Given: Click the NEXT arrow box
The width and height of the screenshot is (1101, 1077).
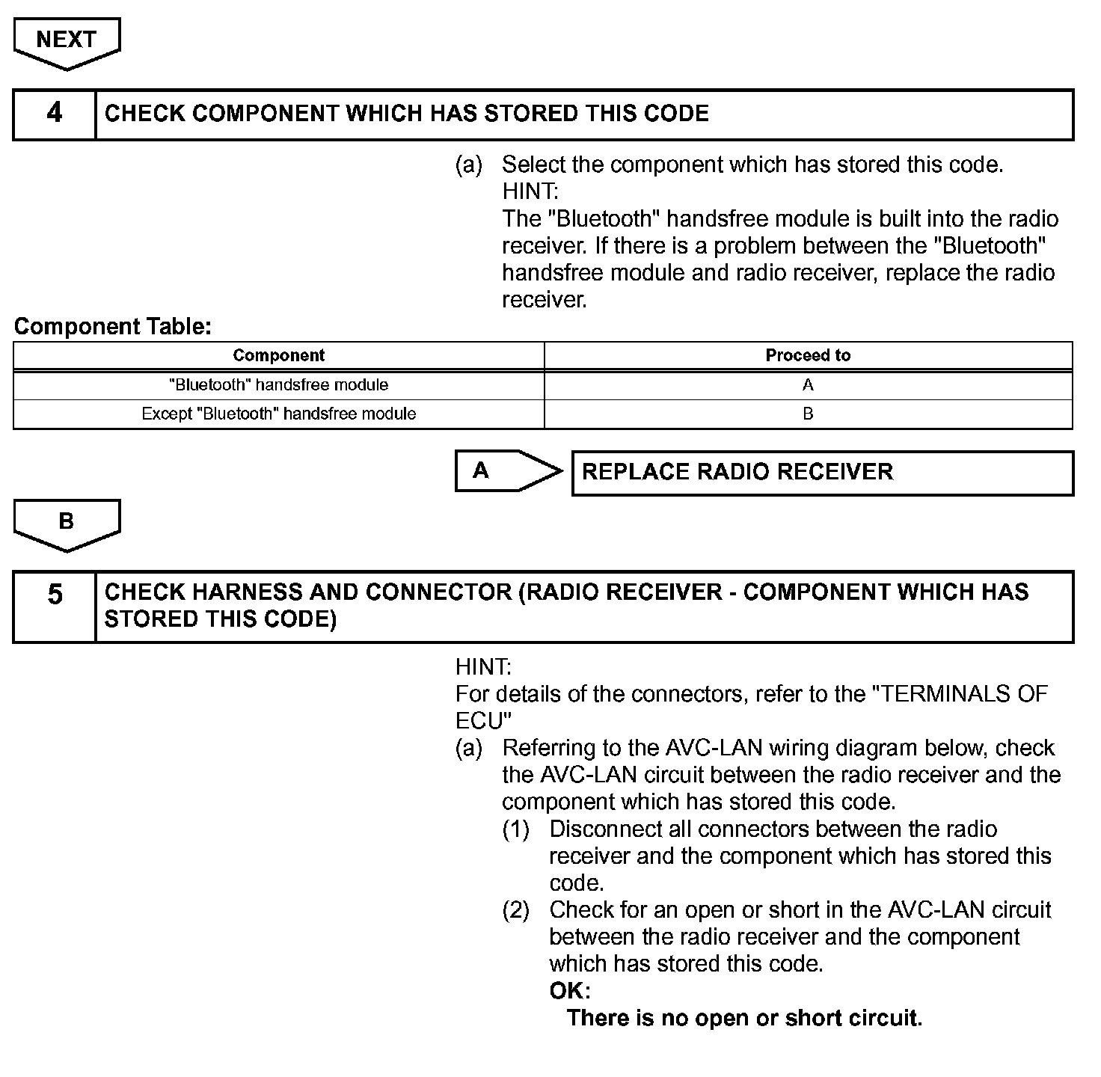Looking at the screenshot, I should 67,41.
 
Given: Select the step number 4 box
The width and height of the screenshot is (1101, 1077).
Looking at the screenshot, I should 55,114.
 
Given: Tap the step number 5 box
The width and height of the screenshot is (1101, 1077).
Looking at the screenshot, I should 55,606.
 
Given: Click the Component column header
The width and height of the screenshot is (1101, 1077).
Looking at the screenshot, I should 278,355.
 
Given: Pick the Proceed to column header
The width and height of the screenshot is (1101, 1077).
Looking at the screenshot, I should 808,355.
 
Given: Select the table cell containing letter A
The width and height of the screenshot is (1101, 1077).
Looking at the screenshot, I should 808,385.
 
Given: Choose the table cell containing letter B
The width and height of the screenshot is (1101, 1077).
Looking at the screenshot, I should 808,414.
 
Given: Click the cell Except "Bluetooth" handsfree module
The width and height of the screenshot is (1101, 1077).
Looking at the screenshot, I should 278,414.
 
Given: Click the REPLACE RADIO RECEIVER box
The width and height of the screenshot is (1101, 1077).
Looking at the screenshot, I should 822,473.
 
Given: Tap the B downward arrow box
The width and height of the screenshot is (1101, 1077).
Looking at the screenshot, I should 67,523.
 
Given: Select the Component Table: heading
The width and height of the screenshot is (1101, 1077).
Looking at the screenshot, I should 113,326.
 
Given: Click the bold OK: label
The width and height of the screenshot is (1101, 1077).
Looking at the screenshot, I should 570,991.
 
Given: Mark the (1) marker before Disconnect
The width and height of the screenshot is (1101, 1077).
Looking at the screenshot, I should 516,829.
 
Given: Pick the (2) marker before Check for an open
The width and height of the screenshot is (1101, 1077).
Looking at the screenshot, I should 516,910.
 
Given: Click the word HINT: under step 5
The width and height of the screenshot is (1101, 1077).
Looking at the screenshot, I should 483,667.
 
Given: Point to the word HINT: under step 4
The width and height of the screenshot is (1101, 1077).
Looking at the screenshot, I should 530,191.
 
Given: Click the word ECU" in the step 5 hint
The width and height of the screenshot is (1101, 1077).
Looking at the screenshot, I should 483,721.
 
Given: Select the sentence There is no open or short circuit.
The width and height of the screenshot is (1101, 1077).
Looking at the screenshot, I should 744,1018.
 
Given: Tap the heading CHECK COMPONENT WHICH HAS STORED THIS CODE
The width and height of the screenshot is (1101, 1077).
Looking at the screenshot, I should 406,114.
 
